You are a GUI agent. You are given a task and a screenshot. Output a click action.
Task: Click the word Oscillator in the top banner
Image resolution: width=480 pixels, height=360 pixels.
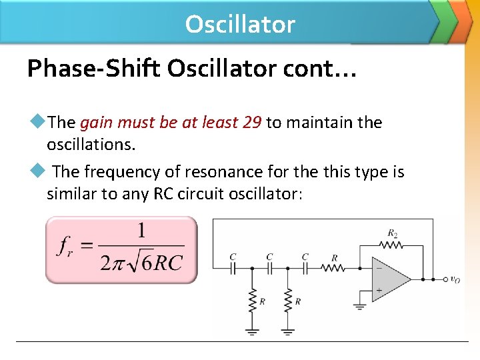tap(240, 24)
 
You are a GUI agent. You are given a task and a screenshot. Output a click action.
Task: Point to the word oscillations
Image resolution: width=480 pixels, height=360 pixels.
tap(88, 144)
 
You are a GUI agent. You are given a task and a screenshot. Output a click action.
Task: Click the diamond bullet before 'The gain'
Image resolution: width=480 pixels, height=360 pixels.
tap(37, 122)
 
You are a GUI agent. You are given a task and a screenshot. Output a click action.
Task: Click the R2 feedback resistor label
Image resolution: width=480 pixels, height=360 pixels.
tap(393, 233)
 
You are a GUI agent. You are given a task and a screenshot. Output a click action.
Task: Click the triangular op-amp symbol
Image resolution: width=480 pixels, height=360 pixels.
tap(393, 279)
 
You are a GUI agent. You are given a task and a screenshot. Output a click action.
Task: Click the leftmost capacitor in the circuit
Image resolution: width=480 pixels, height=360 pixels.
tap(233, 268)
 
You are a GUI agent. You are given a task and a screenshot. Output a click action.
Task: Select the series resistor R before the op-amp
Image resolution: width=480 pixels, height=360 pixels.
tap(333, 268)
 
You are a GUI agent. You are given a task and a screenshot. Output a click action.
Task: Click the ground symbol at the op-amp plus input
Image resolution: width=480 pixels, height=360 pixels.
tap(359, 306)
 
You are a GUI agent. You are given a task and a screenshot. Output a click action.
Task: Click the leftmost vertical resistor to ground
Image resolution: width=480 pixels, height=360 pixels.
tap(252, 299)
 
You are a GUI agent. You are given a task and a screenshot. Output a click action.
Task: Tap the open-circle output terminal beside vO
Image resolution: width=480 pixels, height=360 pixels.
tap(445, 279)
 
